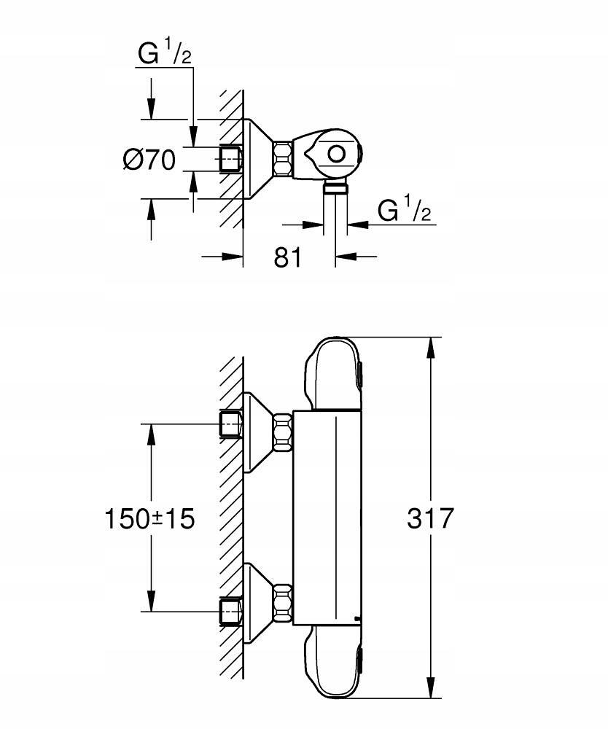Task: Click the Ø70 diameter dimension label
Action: coord(149,159)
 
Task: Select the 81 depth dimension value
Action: coord(288,257)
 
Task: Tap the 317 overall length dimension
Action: coord(431,518)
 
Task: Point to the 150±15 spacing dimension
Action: coord(149,518)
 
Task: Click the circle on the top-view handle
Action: coord(337,154)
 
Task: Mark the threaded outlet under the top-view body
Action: coord(335,190)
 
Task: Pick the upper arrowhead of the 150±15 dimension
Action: coord(152,434)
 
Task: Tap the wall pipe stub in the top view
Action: coord(232,159)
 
